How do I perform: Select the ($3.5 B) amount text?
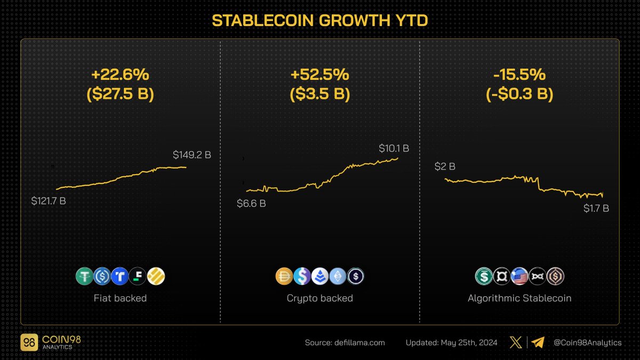tap(319, 94)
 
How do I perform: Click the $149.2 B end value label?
tap(192, 155)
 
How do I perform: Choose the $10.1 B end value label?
tap(394, 148)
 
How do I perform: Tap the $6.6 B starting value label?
tap(251, 203)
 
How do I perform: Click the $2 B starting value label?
tap(445, 166)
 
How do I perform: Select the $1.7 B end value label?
tap(596, 209)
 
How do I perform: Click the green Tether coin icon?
tap(84, 276)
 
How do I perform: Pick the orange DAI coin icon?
tap(284, 276)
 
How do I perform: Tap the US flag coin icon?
tap(519, 276)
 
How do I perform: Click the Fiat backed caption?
tap(120, 298)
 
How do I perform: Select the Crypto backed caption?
tap(319, 298)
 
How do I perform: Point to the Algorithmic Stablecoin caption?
tap(519, 298)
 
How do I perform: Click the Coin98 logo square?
tap(28, 342)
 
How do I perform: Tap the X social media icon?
tap(514, 342)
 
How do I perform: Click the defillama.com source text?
tap(345, 342)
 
